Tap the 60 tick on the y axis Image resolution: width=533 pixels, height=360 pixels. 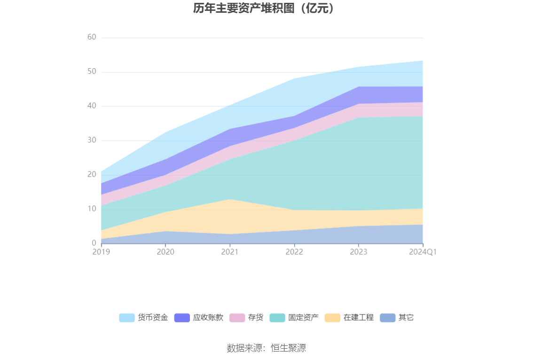[92, 38]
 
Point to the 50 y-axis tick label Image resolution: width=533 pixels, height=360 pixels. [92, 72]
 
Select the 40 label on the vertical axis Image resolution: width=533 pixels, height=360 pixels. [92, 106]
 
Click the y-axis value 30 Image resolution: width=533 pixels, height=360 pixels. [92, 141]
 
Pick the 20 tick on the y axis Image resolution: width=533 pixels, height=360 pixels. [92, 175]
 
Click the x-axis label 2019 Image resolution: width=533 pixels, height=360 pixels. [101, 252]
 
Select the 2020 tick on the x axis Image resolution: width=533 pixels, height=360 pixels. [165, 252]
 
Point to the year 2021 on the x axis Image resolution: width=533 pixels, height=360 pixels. [230, 252]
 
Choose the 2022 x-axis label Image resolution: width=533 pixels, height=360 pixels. [294, 252]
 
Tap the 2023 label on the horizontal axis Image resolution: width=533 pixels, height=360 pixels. [359, 252]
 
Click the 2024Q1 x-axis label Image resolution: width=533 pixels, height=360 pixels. [423, 252]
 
